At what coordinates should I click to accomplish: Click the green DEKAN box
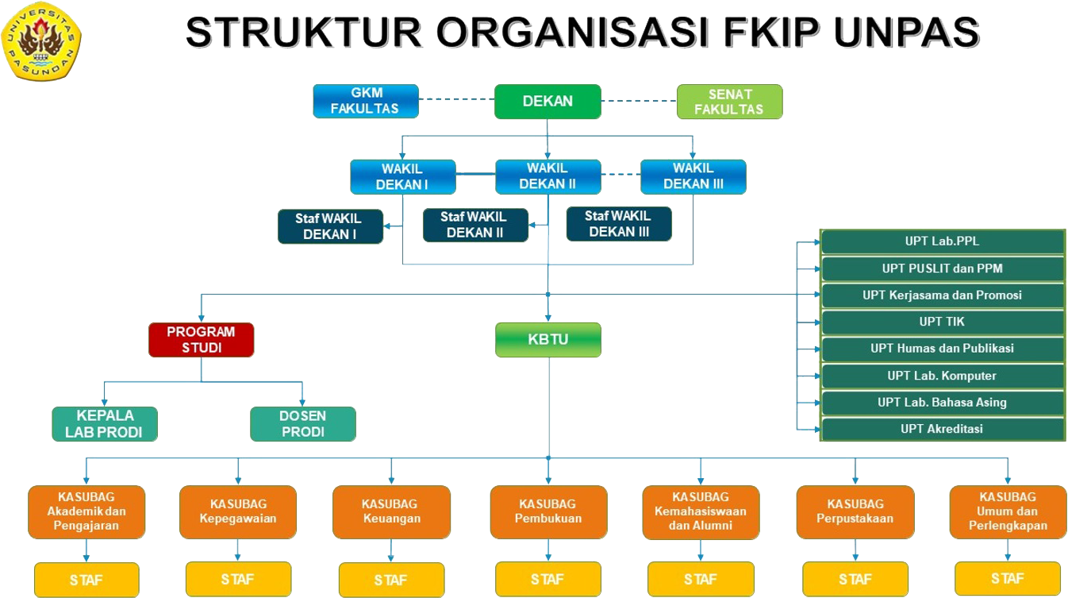(x=547, y=102)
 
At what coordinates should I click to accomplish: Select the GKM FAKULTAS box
(x=366, y=102)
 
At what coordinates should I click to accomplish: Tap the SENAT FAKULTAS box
(x=729, y=102)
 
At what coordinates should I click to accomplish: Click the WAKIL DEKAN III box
(x=693, y=177)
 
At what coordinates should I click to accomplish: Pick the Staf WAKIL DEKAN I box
(x=330, y=226)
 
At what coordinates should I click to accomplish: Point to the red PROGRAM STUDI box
(x=201, y=340)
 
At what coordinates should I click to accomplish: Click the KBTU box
(x=547, y=340)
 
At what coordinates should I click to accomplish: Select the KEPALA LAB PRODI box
(x=105, y=424)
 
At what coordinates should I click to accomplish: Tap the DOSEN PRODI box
(x=302, y=424)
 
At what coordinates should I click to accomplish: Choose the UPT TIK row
(x=942, y=322)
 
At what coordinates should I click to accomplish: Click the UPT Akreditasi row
(x=942, y=429)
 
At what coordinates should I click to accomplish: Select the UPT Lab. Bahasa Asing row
(x=942, y=403)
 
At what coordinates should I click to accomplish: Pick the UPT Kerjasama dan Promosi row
(x=942, y=295)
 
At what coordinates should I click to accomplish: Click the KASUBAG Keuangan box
(x=391, y=512)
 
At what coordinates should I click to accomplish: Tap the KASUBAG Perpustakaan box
(x=855, y=512)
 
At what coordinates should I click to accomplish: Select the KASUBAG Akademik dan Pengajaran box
(x=86, y=512)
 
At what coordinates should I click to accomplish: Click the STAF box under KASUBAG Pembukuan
(x=547, y=580)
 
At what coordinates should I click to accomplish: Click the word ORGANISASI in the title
(x=567, y=33)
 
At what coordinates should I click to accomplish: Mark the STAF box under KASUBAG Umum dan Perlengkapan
(x=1007, y=578)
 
